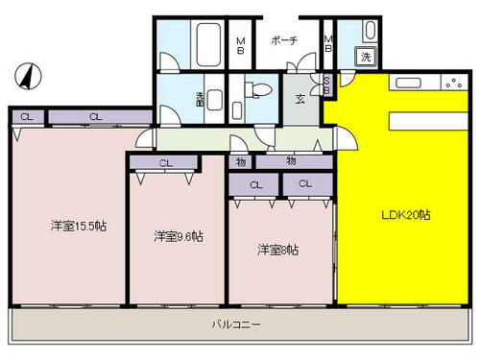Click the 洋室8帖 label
point(276,251)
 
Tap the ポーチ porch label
point(283,40)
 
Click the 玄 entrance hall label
point(300,98)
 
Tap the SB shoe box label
point(326,84)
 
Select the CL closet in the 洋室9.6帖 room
point(165,163)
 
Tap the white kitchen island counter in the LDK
point(432,120)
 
